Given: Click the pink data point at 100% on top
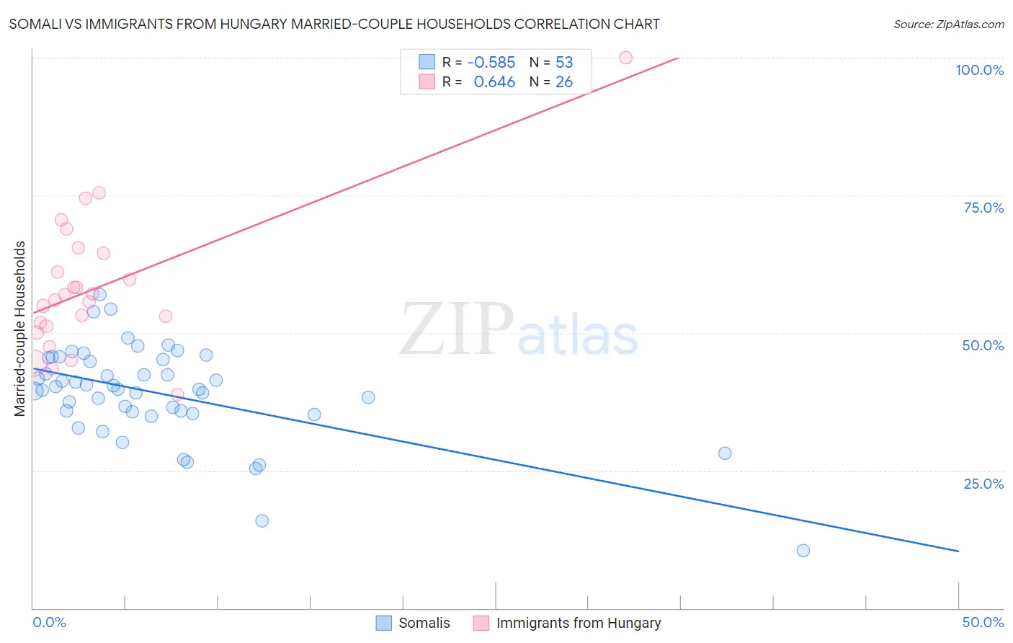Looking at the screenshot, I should coord(625,58).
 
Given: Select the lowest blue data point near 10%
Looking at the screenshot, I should coord(803,551).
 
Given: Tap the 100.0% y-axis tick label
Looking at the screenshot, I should coord(979,70).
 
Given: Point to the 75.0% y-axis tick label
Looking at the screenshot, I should coord(983,208).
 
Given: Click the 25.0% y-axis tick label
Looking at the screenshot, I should coord(983,484).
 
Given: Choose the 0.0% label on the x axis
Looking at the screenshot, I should coord(49,622).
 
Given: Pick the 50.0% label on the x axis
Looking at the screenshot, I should coord(983,622).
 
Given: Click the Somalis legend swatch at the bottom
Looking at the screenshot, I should coord(384,623).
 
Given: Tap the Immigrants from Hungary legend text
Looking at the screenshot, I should coord(578,623).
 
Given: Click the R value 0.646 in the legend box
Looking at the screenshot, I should coord(494,82).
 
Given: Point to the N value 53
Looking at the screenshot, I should coord(564,63).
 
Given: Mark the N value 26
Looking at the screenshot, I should coord(564,82).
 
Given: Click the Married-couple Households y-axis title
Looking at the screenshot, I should coord(20,329).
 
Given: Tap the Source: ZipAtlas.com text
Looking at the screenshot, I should coord(948,25).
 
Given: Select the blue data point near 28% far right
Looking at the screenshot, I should coord(725,453).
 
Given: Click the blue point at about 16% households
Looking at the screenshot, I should coord(262,521).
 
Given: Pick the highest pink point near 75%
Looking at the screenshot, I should coord(99,193).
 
